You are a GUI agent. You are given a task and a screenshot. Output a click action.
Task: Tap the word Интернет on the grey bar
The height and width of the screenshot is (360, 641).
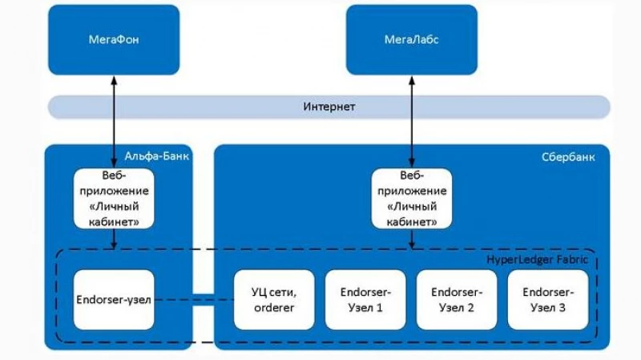329,107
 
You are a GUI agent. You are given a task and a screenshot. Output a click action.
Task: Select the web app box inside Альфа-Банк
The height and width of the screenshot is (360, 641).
115,197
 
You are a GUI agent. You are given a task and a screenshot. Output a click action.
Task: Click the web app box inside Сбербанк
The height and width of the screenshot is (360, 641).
412,197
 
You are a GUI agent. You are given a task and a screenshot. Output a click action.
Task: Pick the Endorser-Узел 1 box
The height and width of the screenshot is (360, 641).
365,299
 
